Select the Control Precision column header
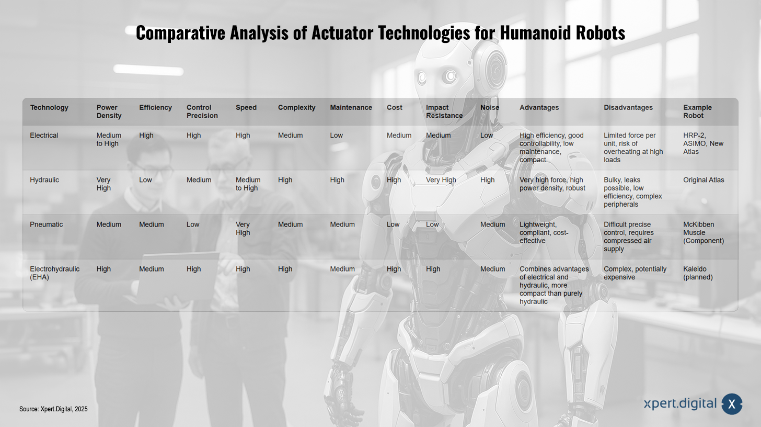click(202, 111)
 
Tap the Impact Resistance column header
click(444, 111)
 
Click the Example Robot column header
click(697, 111)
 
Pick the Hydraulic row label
click(44, 180)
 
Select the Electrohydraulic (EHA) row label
click(55, 273)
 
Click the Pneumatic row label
click(46, 224)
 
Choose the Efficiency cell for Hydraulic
click(145, 180)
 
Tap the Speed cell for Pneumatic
click(243, 229)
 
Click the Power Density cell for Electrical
click(109, 140)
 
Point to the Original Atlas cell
click(704, 180)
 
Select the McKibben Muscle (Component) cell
click(704, 233)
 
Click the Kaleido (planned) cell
click(698, 273)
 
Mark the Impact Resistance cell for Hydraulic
click(441, 180)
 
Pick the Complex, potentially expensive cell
click(635, 273)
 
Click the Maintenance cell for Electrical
click(337, 136)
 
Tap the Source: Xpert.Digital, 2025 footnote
click(53, 409)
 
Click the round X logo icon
click(732, 404)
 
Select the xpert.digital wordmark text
click(680, 404)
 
